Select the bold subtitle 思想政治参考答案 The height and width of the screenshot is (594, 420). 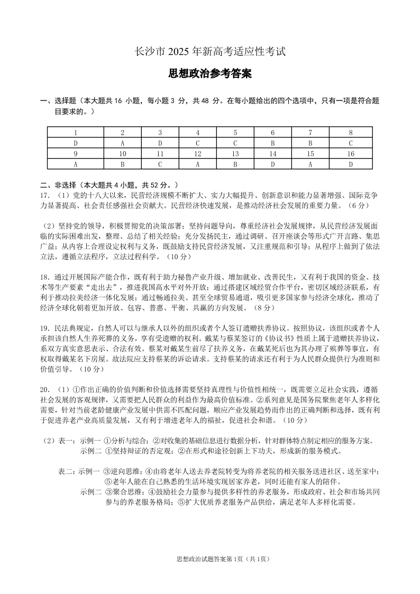(x=209, y=74)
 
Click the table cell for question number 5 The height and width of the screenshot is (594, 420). (x=235, y=132)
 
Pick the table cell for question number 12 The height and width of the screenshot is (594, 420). (x=197, y=153)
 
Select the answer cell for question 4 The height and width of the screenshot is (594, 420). (x=197, y=143)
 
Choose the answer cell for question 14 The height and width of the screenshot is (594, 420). (x=272, y=164)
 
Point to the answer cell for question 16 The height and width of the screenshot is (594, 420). (x=350, y=164)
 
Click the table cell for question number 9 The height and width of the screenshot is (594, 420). (x=76, y=153)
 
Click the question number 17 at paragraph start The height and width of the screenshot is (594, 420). (x=44, y=196)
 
